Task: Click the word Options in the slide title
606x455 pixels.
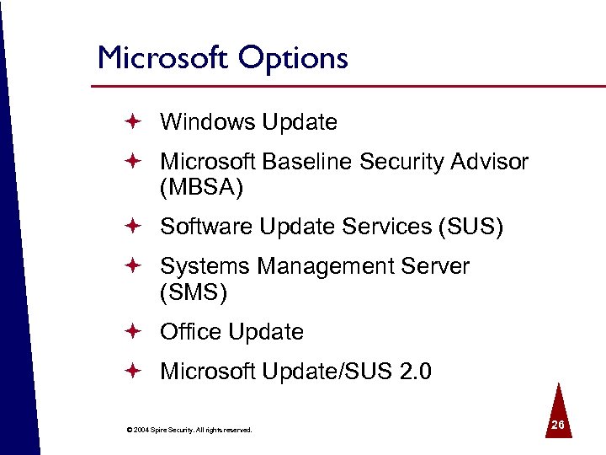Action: click(x=292, y=59)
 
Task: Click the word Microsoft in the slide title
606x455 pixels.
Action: click(x=162, y=58)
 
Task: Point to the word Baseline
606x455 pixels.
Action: click(x=309, y=161)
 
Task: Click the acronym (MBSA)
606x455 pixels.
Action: click(x=201, y=188)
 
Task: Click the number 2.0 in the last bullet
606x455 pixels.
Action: click(x=413, y=372)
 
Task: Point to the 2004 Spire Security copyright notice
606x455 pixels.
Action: click(x=189, y=431)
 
